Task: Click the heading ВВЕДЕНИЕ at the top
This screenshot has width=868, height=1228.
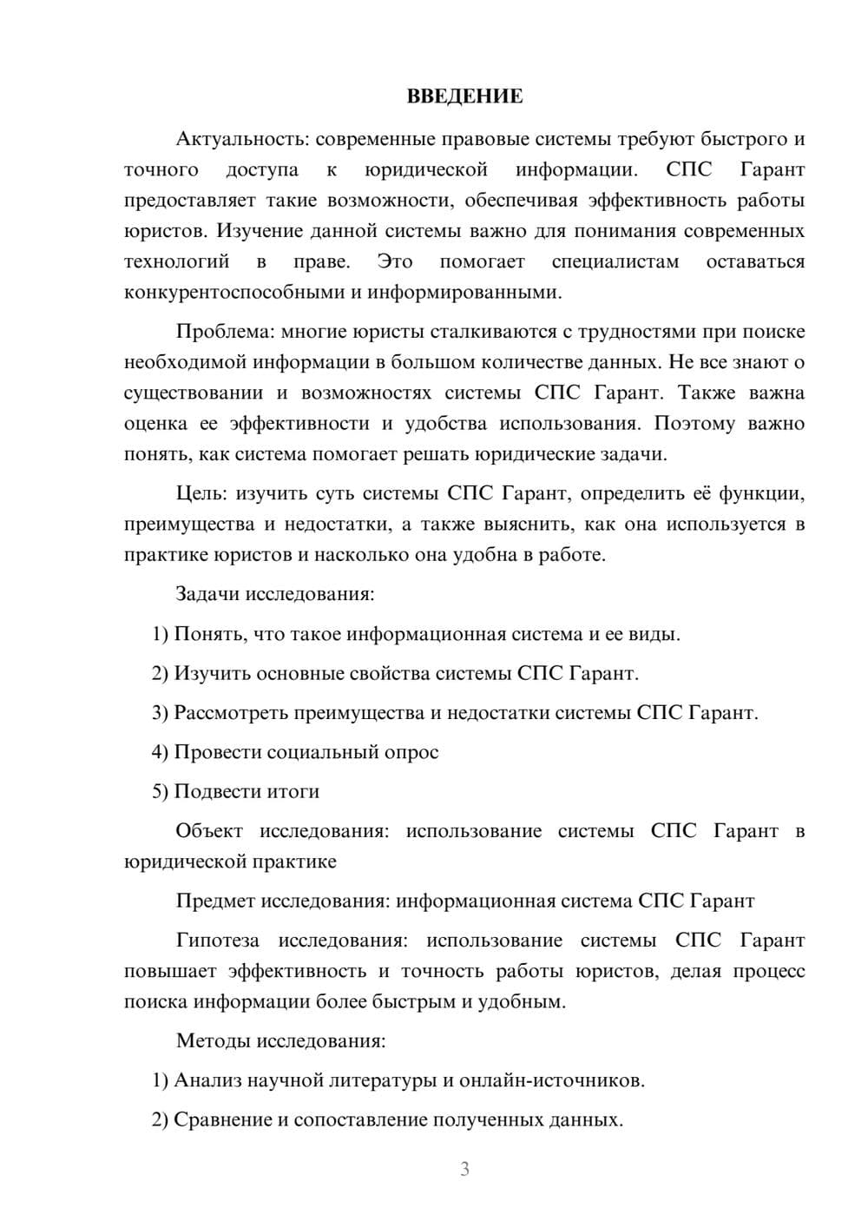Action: click(x=464, y=96)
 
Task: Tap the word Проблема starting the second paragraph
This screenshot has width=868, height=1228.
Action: click(x=214, y=332)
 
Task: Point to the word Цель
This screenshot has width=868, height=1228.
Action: click(x=201, y=494)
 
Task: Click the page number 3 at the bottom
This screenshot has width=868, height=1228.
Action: click(x=464, y=1169)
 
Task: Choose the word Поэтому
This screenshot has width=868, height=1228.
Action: click(x=694, y=424)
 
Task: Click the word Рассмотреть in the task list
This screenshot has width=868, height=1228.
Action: click(x=231, y=713)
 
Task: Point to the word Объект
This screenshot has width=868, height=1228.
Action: click(x=209, y=831)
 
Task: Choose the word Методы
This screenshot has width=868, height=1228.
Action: click(x=207, y=1041)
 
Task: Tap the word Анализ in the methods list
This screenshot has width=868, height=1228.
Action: click(x=207, y=1081)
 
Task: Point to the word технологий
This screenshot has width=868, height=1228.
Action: click(x=176, y=261)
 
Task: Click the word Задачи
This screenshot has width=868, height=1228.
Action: click(x=207, y=595)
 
